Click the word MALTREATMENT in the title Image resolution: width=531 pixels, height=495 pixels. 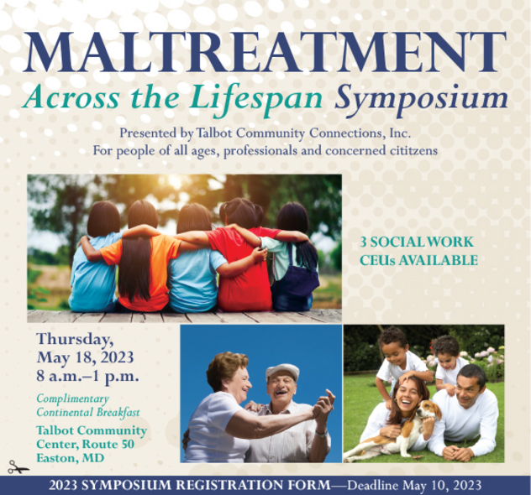tap(265, 51)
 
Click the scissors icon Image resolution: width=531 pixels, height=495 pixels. tap(18, 467)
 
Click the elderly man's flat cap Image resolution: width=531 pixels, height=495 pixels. tap(282, 371)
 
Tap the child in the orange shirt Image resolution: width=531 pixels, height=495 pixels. tap(141, 256)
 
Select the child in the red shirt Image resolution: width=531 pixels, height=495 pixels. tap(243, 256)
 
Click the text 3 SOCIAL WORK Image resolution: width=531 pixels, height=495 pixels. tap(417, 242)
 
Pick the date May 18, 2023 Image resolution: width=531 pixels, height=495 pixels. tap(85, 357)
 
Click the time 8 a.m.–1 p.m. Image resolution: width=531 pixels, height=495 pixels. tap(87, 376)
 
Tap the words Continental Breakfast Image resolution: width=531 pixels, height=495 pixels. tap(88, 413)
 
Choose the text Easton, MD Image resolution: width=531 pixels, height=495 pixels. tap(70, 458)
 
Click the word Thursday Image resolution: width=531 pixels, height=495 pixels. tap(75, 340)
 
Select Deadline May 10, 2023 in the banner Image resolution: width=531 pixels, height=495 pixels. tap(414, 485)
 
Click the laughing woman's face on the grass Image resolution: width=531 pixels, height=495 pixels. tap(407, 396)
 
